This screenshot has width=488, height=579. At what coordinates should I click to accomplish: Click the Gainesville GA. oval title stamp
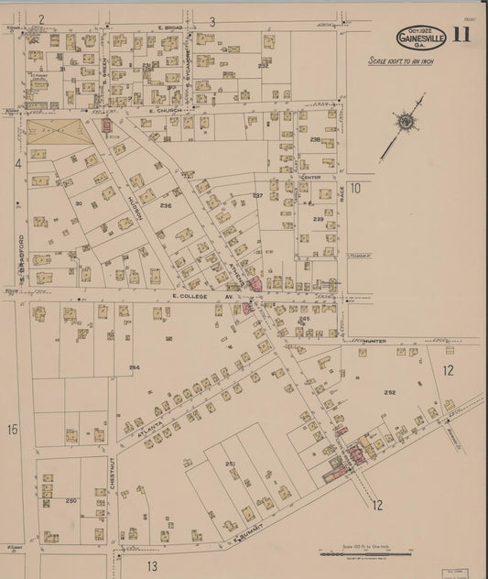pos(422,38)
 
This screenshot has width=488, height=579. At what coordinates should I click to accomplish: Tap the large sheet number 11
pos(461,37)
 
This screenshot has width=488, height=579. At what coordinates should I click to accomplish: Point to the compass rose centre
pos(403,120)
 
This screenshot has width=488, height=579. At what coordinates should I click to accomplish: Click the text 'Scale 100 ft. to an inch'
pos(402,61)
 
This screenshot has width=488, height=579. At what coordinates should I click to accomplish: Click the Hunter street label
pos(376,340)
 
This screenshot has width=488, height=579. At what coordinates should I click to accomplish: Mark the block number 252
pos(389,392)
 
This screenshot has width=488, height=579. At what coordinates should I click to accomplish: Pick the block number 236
pos(166,206)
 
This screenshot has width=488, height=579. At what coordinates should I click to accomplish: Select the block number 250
pos(70,501)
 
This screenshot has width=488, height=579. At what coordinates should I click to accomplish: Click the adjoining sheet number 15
pos(13,429)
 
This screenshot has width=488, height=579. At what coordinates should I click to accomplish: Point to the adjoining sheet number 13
pos(152,565)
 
